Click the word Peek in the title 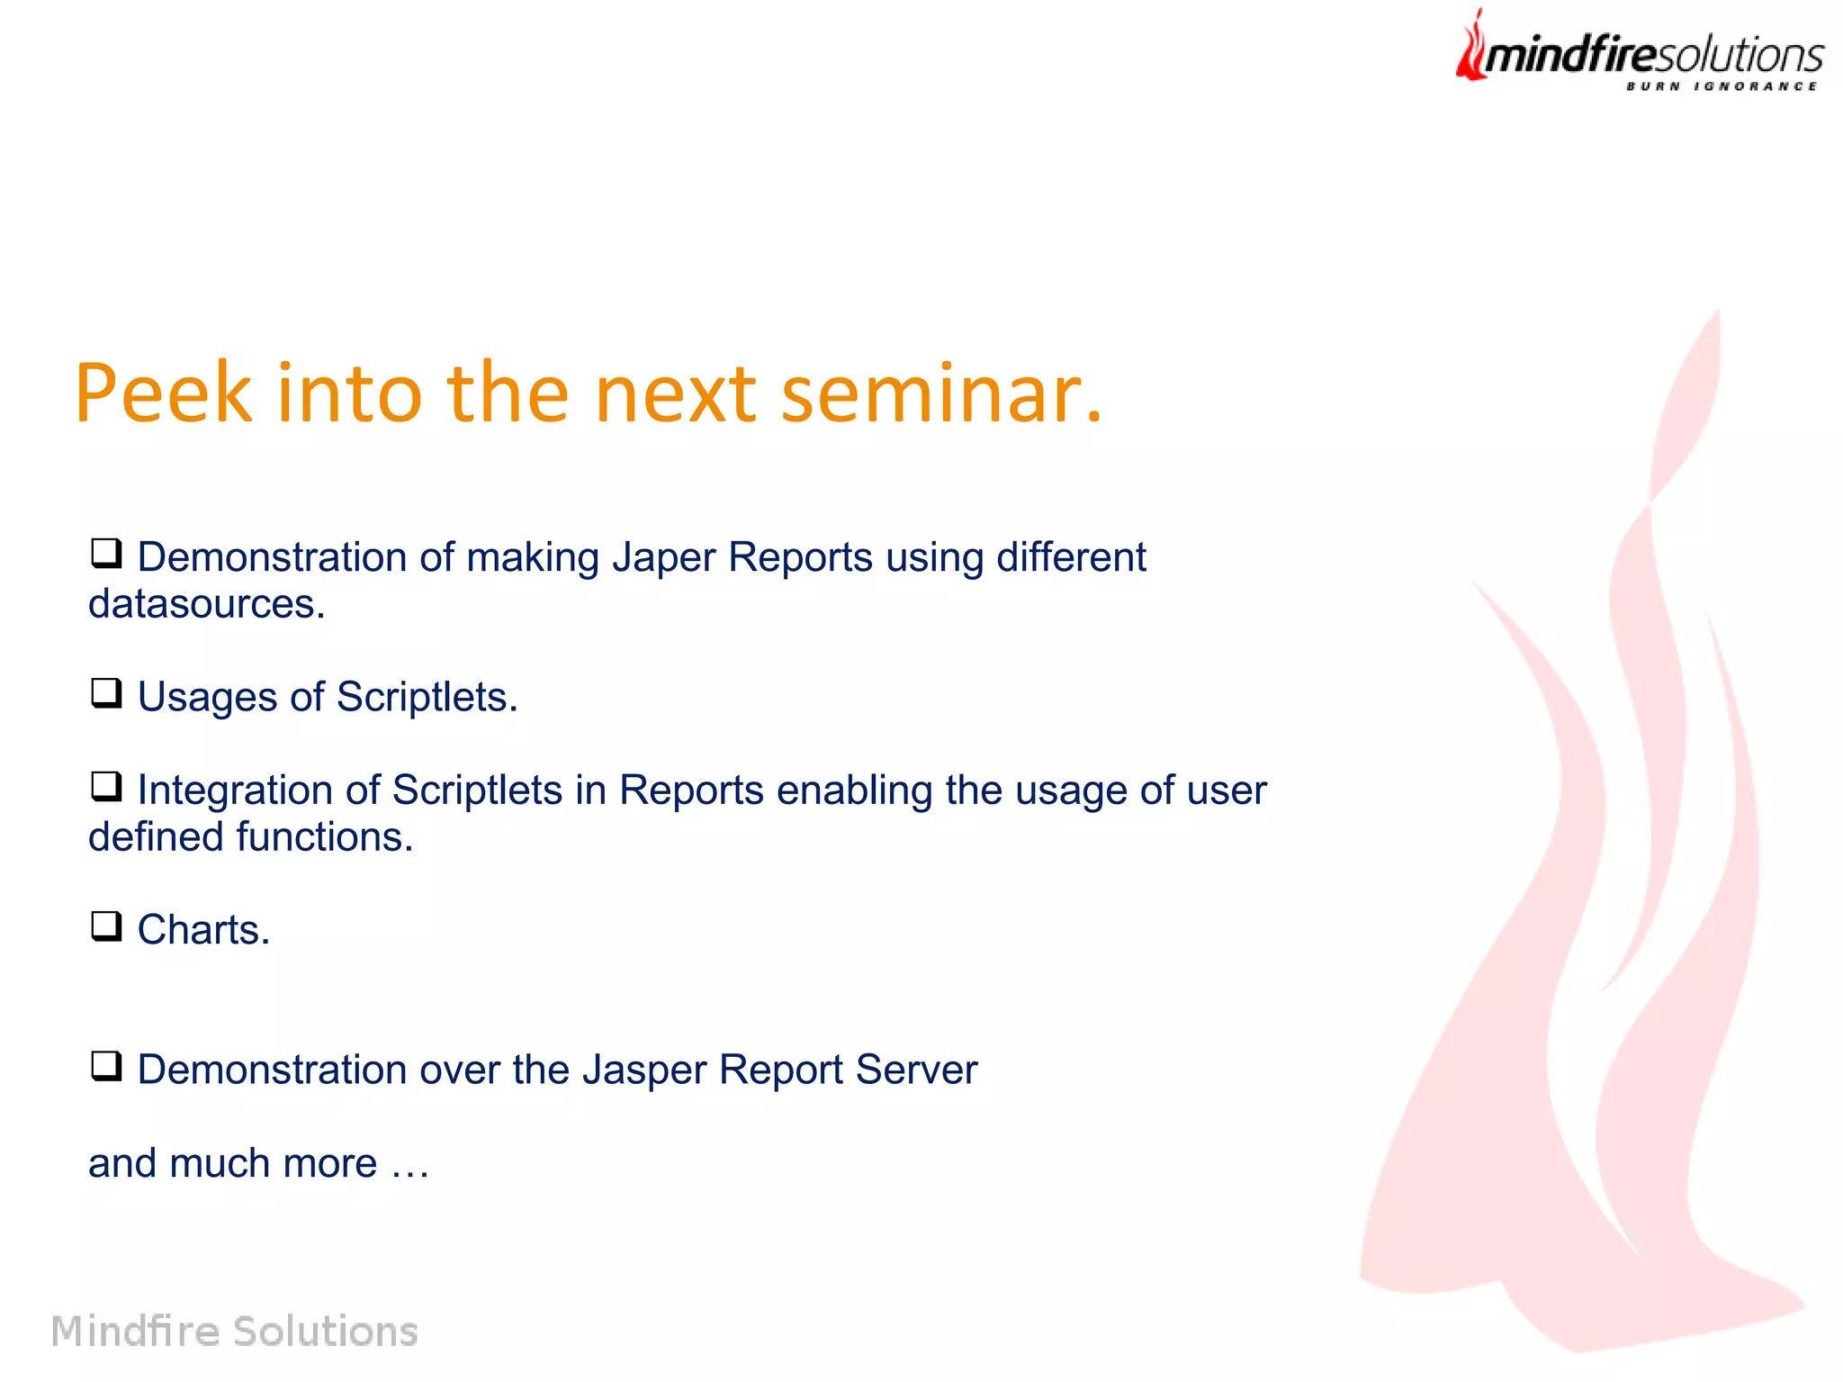163,393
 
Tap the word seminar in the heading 939,393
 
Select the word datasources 205,604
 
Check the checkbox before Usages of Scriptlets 106,693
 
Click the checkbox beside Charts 106,926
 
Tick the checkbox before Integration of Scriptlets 106,787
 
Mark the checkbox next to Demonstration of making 106,554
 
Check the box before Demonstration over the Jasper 106,1066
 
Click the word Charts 202,930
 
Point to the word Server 915,1070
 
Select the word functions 324,837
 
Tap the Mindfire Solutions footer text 234,1331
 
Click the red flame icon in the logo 1471,47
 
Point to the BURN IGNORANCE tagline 1721,86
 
